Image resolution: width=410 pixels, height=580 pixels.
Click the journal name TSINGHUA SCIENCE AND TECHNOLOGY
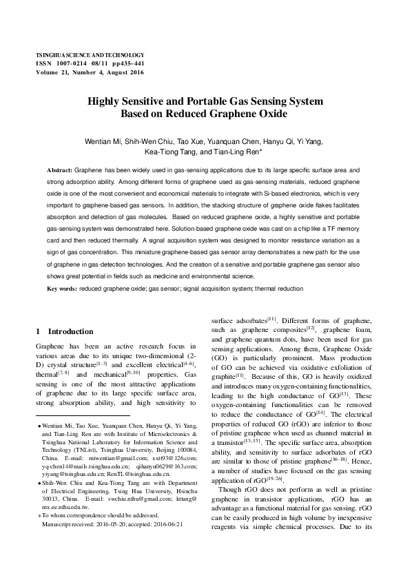[90, 54]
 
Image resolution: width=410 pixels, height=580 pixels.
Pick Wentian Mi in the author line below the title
[102, 141]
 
